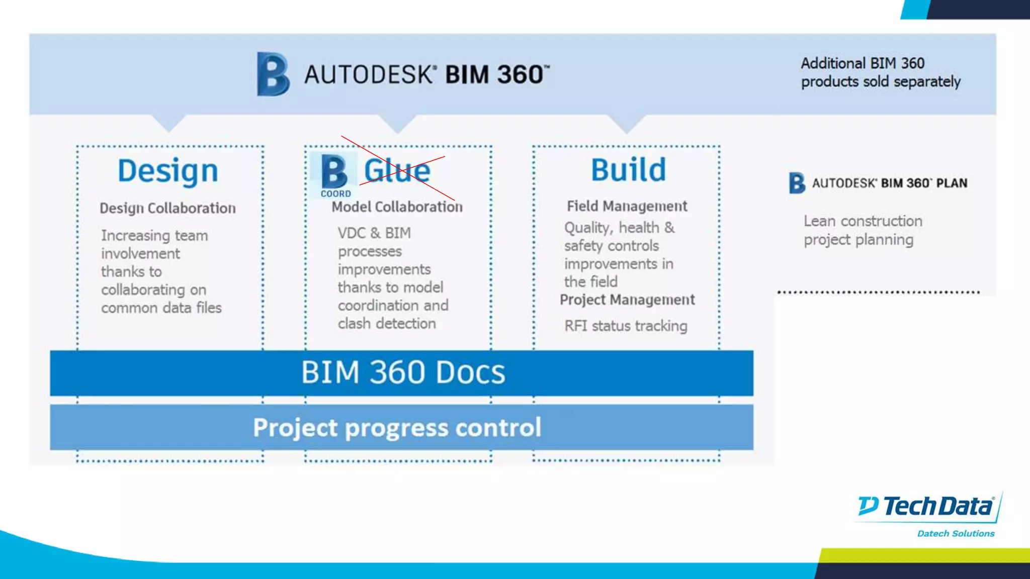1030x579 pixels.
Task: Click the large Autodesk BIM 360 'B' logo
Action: pyautogui.click(x=273, y=74)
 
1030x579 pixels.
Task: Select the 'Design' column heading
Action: pyautogui.click(x=168, y=171)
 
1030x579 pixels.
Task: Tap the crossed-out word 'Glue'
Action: pyautogui.click(x=397, y=170)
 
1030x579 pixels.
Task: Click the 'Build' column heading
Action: pyautogui.click(x=628, y=170)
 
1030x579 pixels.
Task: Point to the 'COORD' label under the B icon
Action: pyautogui.click(x=336, y=194)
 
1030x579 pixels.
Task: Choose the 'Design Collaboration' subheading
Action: pyautogui.click(x=167, y=208)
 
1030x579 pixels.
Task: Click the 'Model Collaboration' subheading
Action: pyautogui.click(x=397, y=207)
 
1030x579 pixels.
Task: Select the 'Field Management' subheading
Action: pyautogui.click(x=627, y=206)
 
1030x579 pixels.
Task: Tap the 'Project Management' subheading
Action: pyautogui.click(x=627, y=300)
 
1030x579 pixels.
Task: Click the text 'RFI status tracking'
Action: pyautogui.click(x=626, y=326)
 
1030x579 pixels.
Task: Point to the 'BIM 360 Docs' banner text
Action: pyautogui.click(x=403, y=372)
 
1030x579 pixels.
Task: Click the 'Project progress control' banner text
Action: pyautogui.click(x=397, y=428)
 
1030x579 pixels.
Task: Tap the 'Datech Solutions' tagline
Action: pyautogui.click(x=956, y=534)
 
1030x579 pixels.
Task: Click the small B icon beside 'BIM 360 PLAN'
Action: pyautogui.click(x=797, y=183)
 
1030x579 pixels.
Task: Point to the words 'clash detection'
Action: pyautogui.click(x=387, y=324)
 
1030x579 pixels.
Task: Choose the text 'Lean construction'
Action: pyautogui.click(x=863, y=221)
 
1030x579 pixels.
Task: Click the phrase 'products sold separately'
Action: pyautogui.click(x=881, y=81)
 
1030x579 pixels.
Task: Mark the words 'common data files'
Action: pyautogui.click(x=161, y=308)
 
